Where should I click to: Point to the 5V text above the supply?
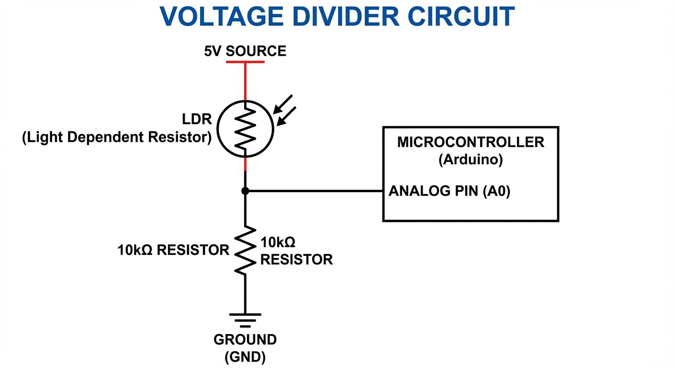point(213,51)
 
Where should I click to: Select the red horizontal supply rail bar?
point(245,62)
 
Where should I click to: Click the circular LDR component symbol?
point(245,128)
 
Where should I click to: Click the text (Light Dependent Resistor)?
point(117,138)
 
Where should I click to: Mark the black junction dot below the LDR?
point(245,191)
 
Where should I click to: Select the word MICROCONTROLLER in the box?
point(471,142)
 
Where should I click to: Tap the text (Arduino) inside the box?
point(471,160)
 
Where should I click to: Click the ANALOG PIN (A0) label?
point(449,191)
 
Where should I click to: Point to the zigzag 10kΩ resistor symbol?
point(245,250)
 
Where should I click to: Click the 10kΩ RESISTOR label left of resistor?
point(173,250)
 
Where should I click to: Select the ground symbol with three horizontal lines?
point(245,320)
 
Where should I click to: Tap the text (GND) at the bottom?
point(245,357)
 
